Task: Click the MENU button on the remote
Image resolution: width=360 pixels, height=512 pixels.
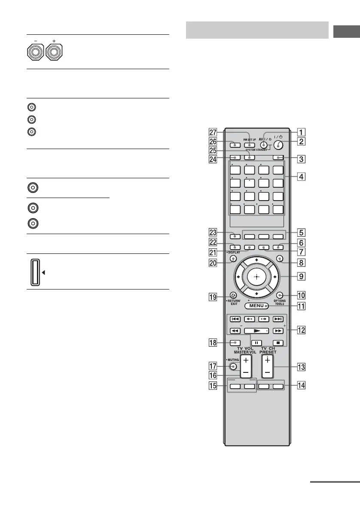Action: [256, 306]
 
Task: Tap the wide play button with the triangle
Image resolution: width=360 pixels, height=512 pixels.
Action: [256, 331]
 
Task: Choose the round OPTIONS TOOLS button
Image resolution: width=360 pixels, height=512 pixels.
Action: [279, 295]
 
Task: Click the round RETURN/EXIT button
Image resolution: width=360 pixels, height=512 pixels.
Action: [233, 295]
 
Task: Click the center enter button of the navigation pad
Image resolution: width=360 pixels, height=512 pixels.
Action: [256, 277]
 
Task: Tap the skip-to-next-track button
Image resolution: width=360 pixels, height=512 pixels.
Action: [278, 319]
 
